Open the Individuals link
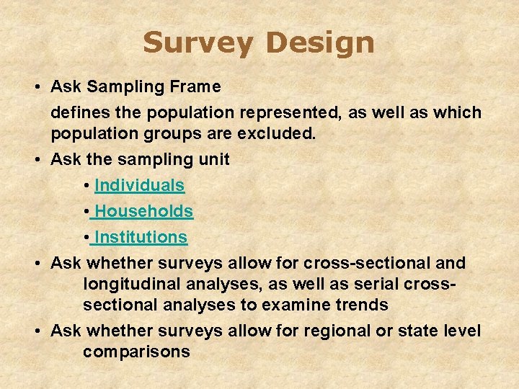[x=139, y=185]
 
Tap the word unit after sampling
[x=213, y=159]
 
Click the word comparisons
[x=136, y=352]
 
